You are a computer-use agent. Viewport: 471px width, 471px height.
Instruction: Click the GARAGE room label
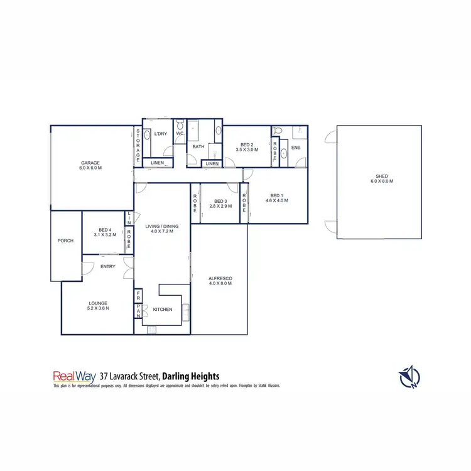(x=90, y=163)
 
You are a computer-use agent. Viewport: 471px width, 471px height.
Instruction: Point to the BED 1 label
(x=276, y=195)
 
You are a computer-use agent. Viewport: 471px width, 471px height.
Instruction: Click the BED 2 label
(x=247, y=144)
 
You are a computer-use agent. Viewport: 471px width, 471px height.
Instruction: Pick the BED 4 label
(x=105, y=230)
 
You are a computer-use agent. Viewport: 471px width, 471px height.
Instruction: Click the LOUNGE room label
(x=98, y=303)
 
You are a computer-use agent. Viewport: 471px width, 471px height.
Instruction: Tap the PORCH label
(x=65, y=241)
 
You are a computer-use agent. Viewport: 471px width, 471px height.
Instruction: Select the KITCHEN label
(x=163, y=309)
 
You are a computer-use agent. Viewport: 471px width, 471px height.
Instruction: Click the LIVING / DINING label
(x=163, y=226)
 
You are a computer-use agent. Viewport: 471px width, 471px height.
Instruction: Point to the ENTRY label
(x=108, y=267)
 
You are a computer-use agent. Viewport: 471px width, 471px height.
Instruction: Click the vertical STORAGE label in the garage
(x=138, y=146)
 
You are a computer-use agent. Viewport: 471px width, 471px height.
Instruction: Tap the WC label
(x=180, y=133)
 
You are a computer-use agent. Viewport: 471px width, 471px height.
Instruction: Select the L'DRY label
(x=160, y=133)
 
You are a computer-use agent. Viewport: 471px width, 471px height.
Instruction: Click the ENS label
(x=296, y=148)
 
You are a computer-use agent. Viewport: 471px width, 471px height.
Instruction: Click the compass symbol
(x=408, y=376)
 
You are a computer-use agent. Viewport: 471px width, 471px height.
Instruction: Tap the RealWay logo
(x=73, y=376)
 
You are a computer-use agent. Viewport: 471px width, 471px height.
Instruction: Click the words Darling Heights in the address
(x=190, y=376)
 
